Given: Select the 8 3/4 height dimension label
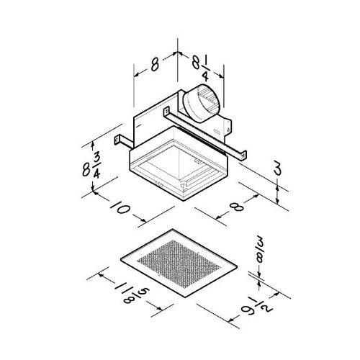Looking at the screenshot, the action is point(91,166).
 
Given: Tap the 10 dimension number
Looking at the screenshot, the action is point(121,207).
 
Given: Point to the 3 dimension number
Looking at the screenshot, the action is point(277,170).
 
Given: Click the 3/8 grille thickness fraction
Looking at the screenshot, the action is point(260,252).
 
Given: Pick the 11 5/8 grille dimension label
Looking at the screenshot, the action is point(132,294).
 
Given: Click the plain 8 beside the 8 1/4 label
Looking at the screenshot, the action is point(155,65).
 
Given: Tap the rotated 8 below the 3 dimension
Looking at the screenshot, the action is point(236,207).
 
